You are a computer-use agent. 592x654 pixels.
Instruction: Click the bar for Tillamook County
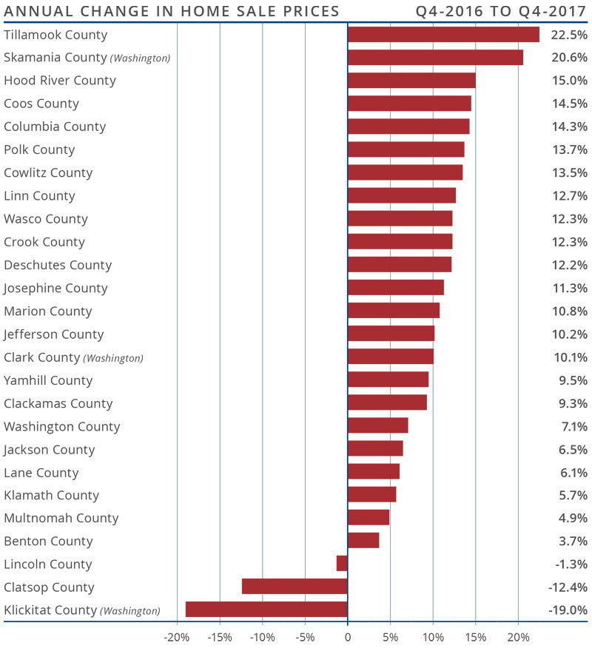(x=443, y=35)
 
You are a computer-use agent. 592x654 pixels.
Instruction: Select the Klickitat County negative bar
(x=266, y=610)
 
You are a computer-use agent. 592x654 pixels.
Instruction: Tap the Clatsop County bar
(x=295, y=587)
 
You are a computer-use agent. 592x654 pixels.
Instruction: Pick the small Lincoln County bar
(x=342, y=564)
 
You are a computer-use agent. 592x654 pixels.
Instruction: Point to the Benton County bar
(x=363, y=541)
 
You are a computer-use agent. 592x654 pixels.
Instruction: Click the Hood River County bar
(x=411, y=81)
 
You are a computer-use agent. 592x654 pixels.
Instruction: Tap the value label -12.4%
(x=568, y=587)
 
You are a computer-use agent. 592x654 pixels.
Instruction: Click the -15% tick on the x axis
(x=219, y=637)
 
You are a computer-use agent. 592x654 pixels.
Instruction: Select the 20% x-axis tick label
(x=518, y=637)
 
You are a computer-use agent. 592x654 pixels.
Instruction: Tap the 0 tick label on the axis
(x=347, y=637)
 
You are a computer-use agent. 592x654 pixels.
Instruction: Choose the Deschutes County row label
(x=58, y=265)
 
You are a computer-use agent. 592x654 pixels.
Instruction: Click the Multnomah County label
(x=61, y=518)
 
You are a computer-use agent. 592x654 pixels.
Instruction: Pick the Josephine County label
(x=55, y=288)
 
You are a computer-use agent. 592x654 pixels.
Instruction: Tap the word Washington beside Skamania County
(x=141, y=58)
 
